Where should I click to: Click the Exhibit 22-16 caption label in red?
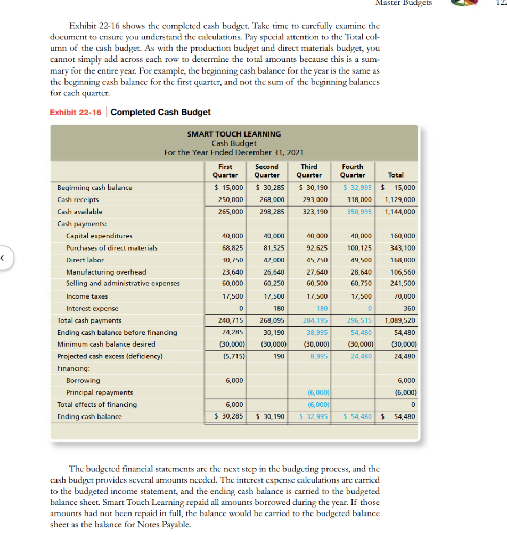(x=75, y=112)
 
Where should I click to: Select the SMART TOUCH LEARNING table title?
(x=234, y=134)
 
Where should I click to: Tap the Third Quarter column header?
(x=309, y=171)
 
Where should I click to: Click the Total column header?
(x=396, y=175)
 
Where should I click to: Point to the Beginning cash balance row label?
(x=94, y=188)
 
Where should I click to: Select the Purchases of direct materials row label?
(x=111, y=248)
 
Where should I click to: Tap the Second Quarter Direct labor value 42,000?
(x=274, y=260)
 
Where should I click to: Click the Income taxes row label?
(x=86, y=296)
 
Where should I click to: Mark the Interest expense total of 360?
(x=409, y=308)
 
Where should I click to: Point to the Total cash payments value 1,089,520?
(x=399, y=320)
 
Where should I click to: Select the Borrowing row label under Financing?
(x=83, y=381)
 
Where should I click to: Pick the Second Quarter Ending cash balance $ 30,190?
(x=271, y=416)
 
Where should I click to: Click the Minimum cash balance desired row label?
(x=106, y=344)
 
